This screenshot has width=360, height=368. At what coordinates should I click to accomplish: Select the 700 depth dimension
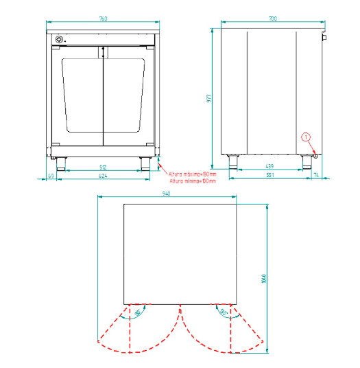coord(273,19)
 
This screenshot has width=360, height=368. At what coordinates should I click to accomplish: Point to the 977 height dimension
coord(210,98)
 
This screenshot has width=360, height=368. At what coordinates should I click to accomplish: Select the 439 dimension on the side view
coord(272,166)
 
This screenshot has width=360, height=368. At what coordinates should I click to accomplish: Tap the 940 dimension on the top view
coord(166,194)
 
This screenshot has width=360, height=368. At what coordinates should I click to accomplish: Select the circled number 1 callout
coord(307,137)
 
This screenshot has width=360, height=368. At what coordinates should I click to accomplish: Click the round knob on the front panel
coord(59,38)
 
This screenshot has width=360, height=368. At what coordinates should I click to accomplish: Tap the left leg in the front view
coord(60,163)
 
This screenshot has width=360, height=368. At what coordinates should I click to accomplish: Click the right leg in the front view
coord(145,163)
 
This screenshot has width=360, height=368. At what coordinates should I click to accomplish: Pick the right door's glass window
coord(123,96)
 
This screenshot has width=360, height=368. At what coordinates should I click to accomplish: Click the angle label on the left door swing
coord(138,312)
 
